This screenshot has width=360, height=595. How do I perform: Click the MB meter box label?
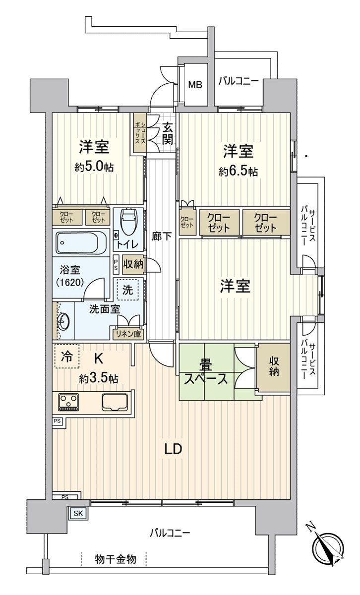click(195, 85)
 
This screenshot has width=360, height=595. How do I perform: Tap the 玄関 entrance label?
click(167, 133)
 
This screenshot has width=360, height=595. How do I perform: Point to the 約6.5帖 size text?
click(239, 172)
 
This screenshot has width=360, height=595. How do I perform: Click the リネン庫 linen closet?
click(128, 334)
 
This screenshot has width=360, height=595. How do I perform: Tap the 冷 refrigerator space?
click(66, 356)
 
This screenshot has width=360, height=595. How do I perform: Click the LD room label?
click(174, 449)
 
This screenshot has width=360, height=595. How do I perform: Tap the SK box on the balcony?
click(78, 513)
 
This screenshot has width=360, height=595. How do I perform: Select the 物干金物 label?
click(115, 559)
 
